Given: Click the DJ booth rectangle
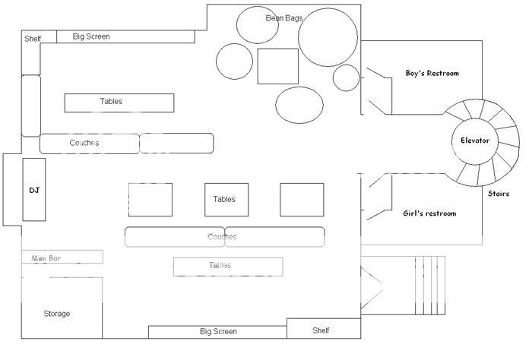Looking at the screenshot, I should tap(34, 190).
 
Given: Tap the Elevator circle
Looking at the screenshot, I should tap(475, 141).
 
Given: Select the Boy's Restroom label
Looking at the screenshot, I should tap(432, 73).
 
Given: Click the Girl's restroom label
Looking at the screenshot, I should tap(429, 213).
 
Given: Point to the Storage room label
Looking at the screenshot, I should tap(57, 314).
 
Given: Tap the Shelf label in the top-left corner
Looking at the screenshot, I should tap(33, 39).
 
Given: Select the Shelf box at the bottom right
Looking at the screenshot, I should tap(323, 330).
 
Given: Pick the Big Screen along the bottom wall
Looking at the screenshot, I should tap(217, 332).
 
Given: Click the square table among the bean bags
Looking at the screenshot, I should tap(277, 66).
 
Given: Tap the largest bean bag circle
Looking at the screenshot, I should tap(328, 39).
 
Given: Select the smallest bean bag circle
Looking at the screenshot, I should tap(346, 77).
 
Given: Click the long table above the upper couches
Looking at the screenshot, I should tap(119, 102).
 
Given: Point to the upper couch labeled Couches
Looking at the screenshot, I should tap(90, 143).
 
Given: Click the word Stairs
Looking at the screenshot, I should tap(499, 194).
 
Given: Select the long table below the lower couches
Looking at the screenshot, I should tap(228, 266).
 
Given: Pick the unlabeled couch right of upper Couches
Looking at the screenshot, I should tap(176, 143).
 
